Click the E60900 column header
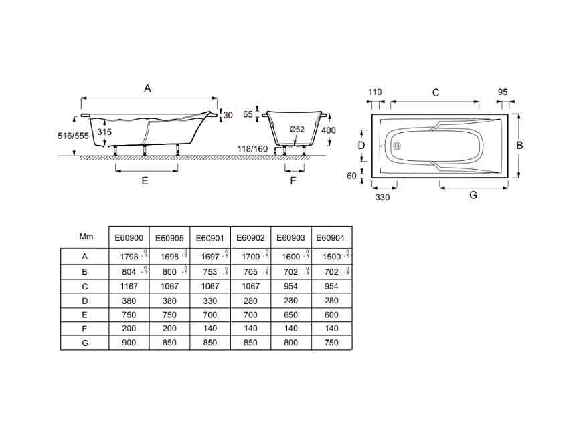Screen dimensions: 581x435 tap(129, 237)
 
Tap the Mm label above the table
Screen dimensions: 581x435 tap(85, 237)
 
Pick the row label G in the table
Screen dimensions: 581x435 tap(85, 342)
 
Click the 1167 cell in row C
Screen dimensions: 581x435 tap(129, 286)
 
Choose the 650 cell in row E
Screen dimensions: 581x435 tap(290, 315)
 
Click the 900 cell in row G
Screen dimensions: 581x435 tap(129, 342)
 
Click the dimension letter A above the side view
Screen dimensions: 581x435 tap(148, 88)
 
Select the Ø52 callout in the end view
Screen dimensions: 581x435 tap(297, 129)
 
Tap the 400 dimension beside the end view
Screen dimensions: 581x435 tap(328, 130)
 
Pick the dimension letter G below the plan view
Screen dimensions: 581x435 tap(473, 195)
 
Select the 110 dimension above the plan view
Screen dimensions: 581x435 tap(375, 92)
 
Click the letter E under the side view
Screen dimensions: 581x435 tap(145, 180)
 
